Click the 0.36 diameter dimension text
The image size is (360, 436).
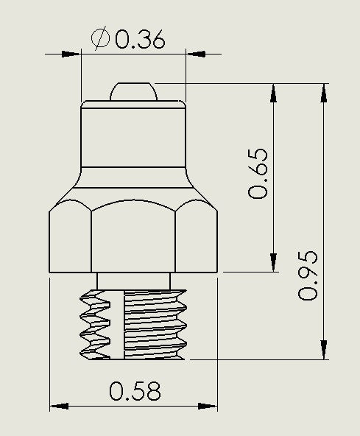(x=139, y=39)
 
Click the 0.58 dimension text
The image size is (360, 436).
(x=135, y=391)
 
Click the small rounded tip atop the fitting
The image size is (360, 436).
(x=133, y=91)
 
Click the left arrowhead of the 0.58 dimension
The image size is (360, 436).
(x=58, y=407)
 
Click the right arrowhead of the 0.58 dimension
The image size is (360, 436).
(x=210, y=407)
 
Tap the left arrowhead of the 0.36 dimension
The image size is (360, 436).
(x=71, y=54)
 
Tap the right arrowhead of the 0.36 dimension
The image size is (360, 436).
(x=194, y=54)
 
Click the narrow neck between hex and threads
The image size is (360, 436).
(x=133, y=281)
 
